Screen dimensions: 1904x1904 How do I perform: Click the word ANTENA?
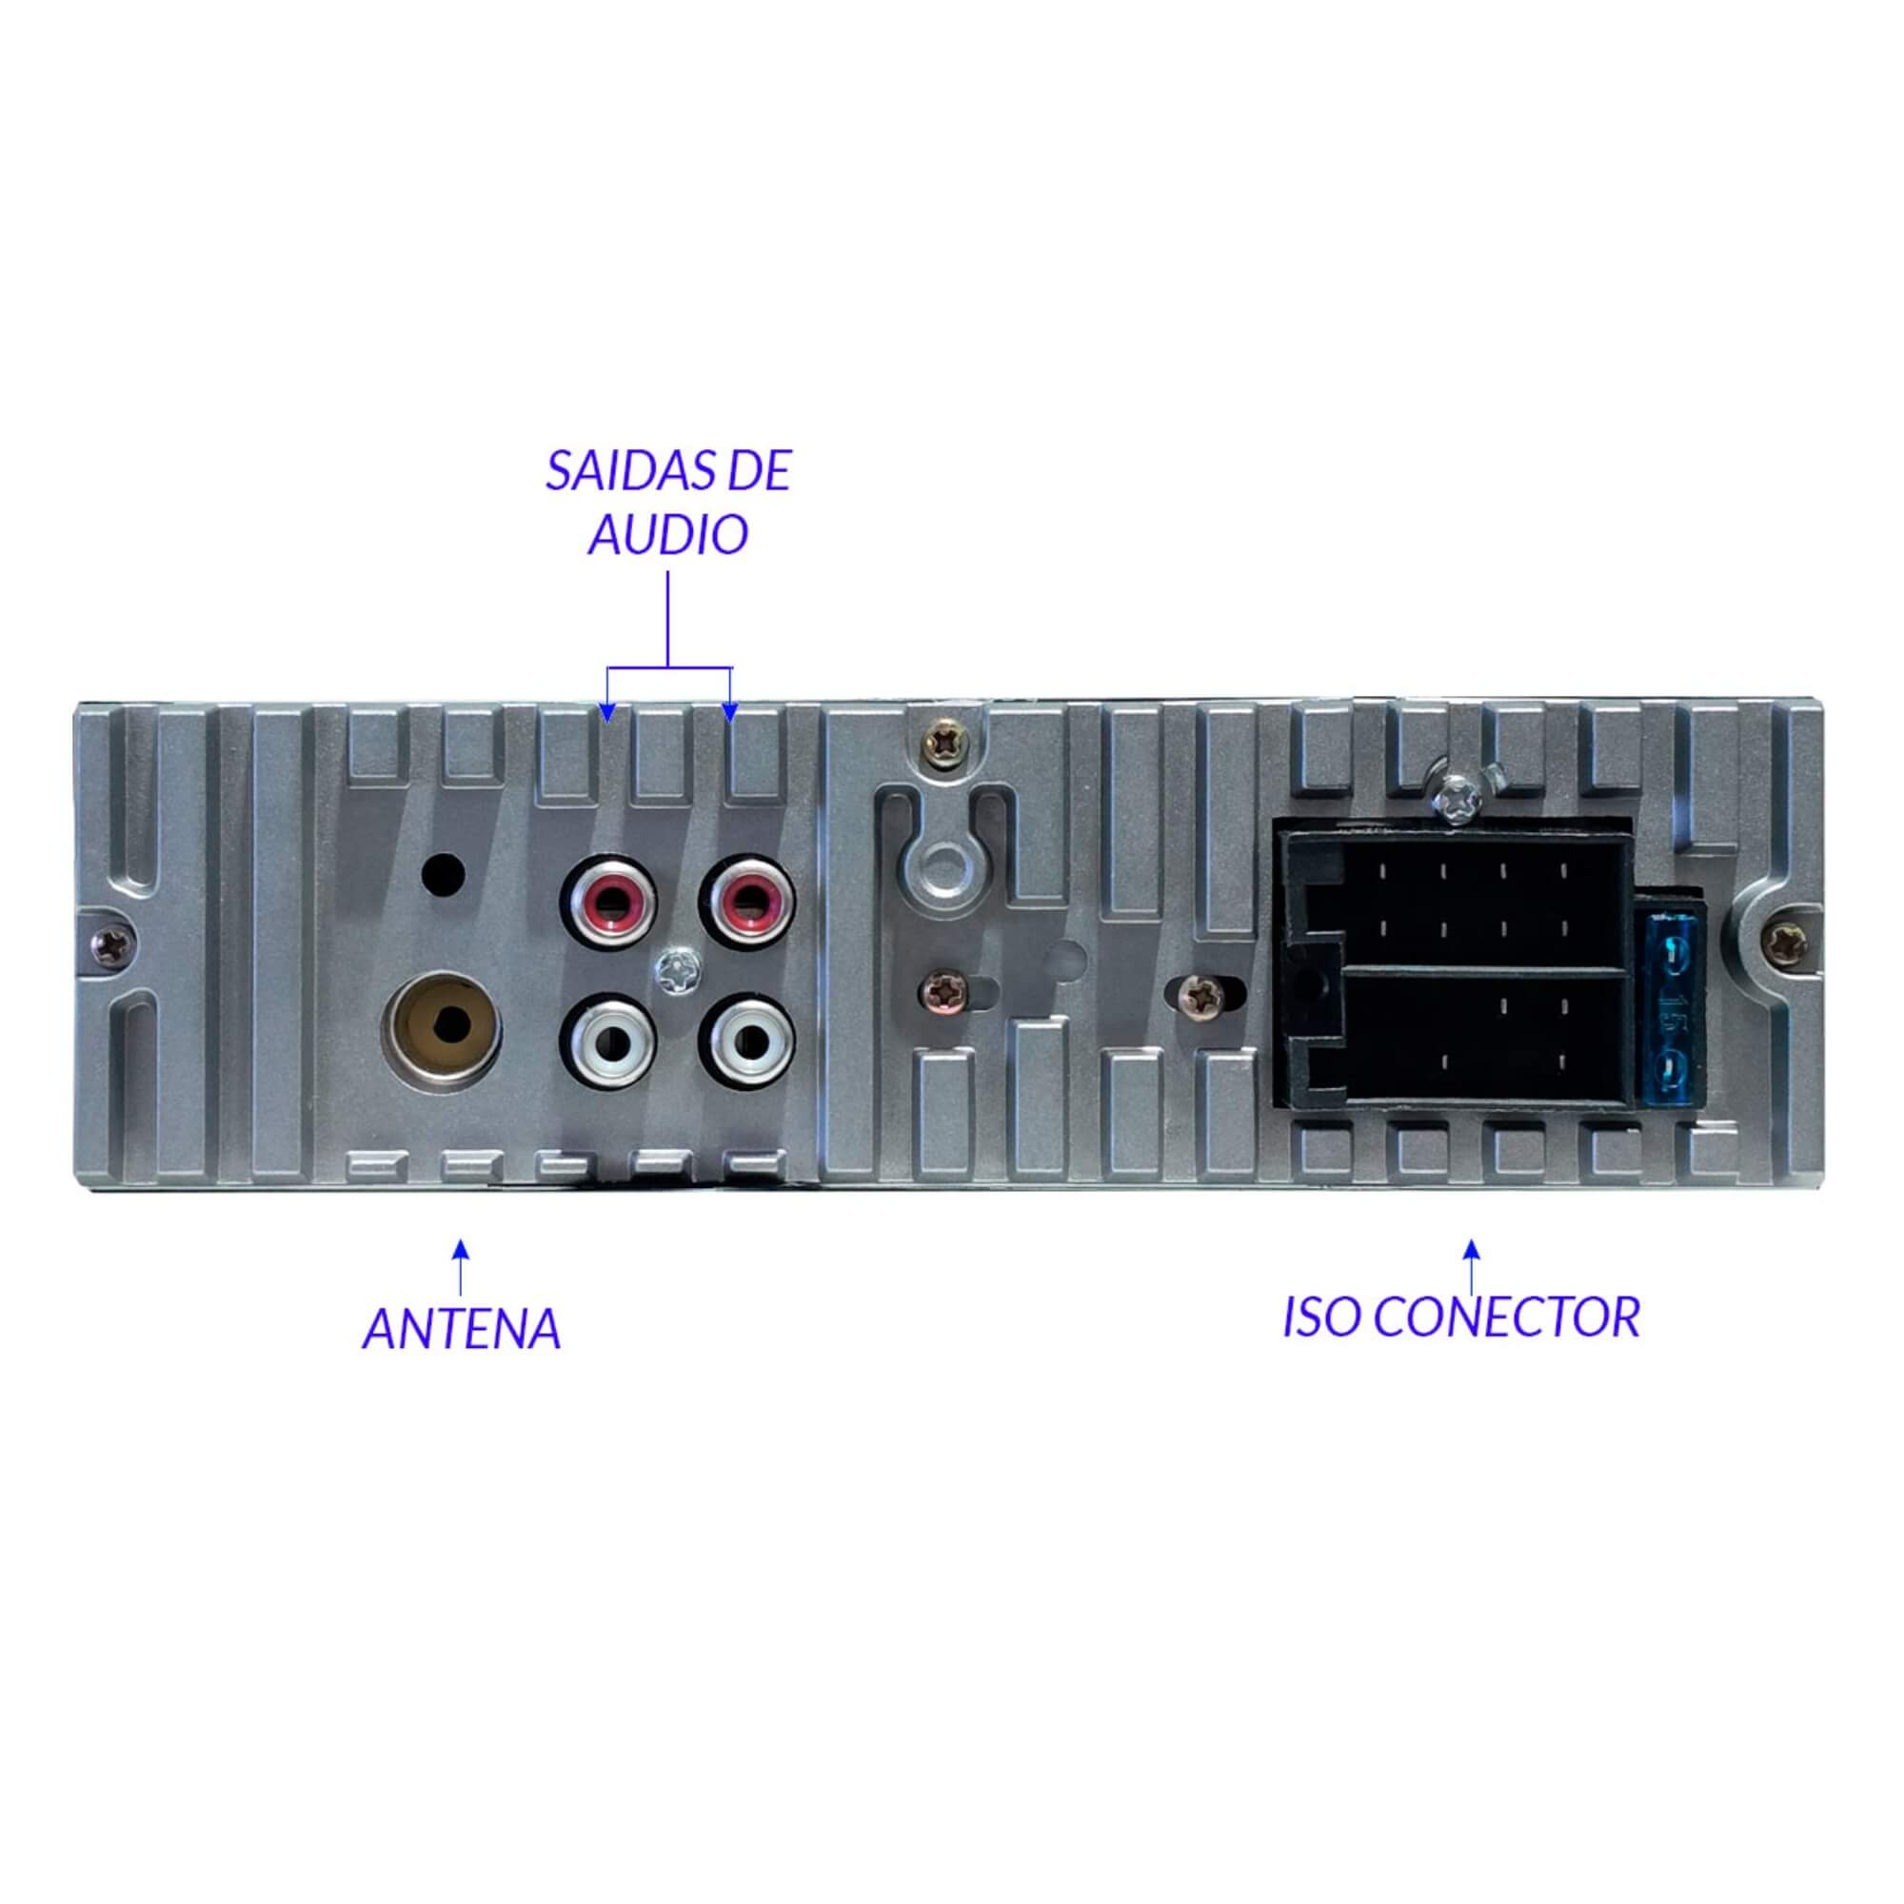point(461,1329)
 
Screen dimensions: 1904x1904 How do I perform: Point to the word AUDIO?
point(668,535)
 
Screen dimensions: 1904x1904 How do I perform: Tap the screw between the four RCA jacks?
point(678,970)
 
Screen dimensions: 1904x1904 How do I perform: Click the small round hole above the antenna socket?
point(443,872)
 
